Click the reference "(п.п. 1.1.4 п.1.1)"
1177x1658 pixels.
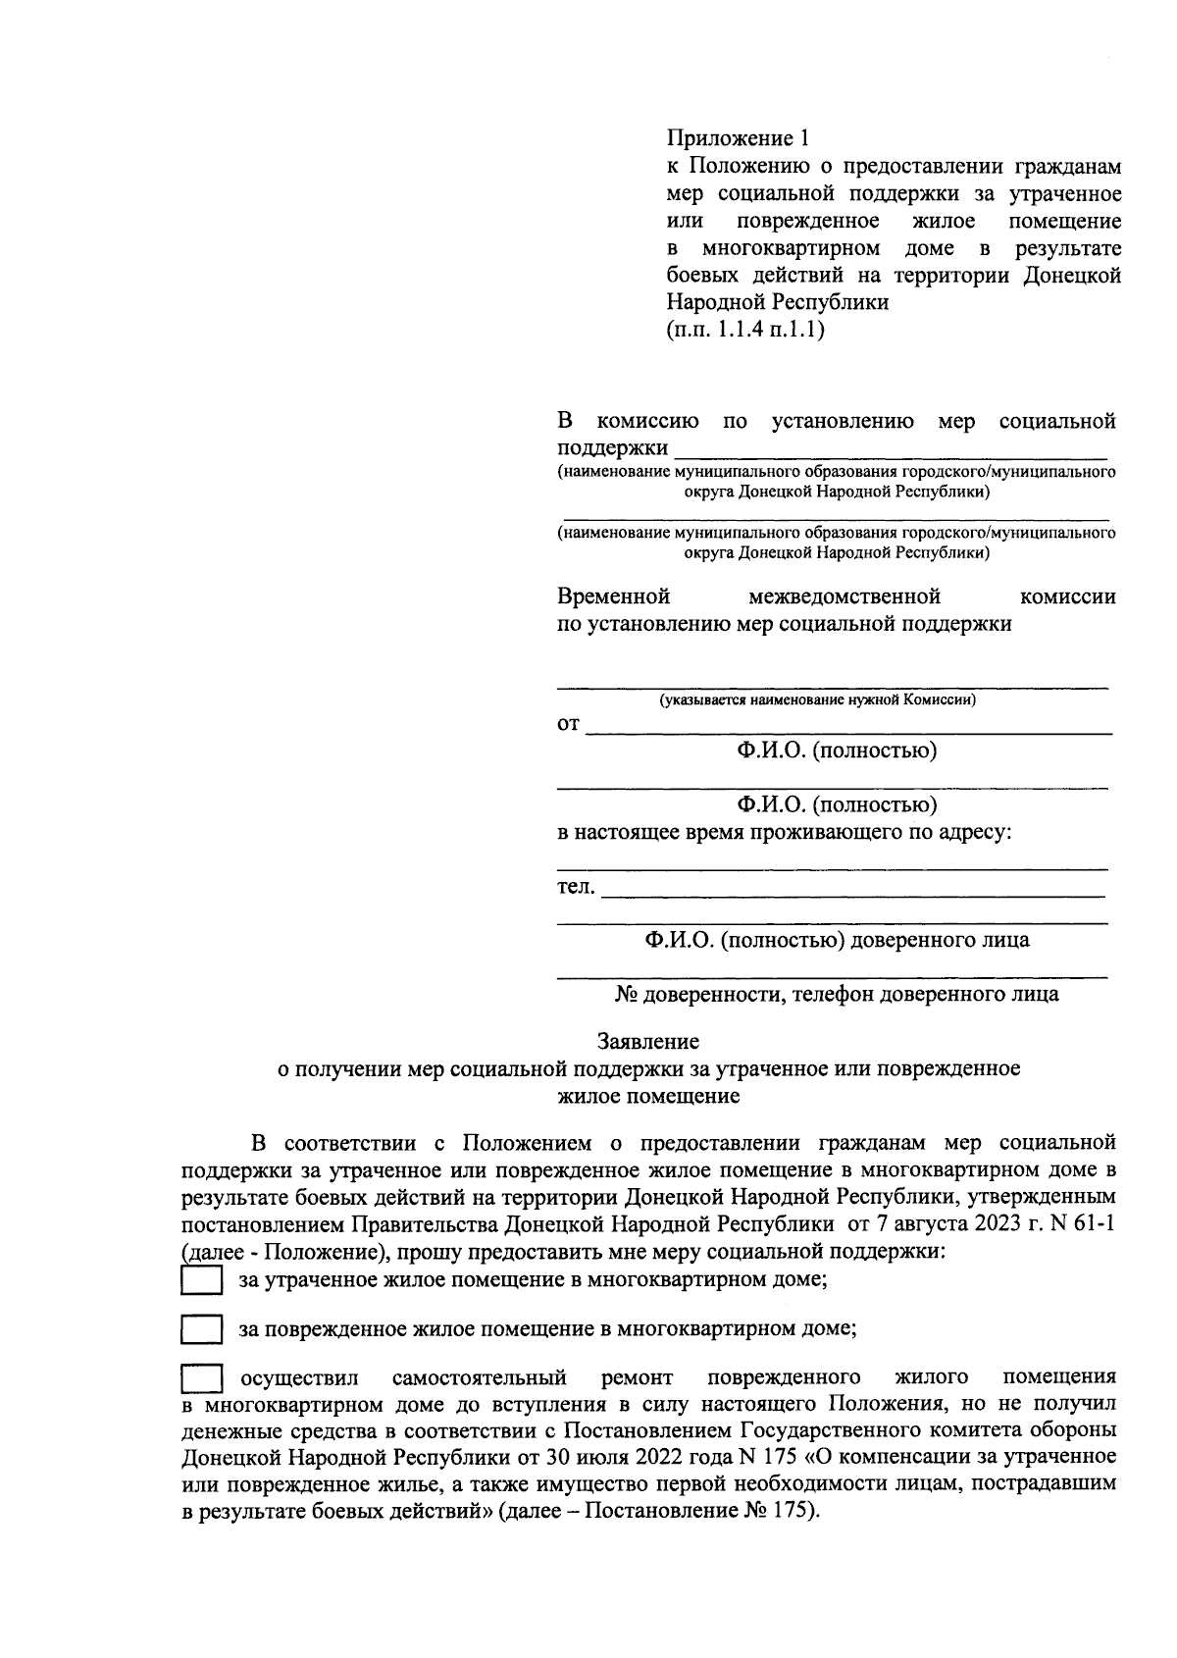745,330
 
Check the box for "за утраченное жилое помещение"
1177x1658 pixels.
202,1281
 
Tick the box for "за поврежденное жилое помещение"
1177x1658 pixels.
202,1330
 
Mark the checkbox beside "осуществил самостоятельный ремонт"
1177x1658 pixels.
202,1378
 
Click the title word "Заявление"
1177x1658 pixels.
647,1041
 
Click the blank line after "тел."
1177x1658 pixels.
851,893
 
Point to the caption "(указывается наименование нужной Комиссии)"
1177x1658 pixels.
817,700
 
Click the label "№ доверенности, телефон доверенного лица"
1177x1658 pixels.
837,994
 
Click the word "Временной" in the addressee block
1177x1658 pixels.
613,596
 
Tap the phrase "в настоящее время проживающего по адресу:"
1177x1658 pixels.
785,833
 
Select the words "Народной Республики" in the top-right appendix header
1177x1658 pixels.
778,302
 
